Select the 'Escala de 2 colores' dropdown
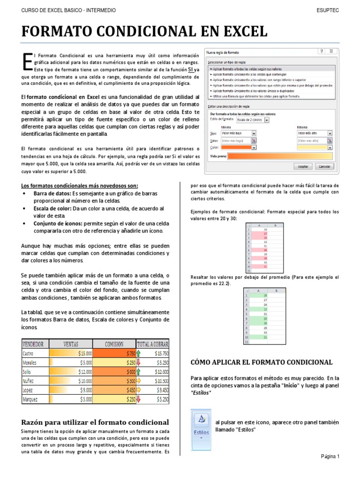(253, 120)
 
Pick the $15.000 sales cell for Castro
(72, 353)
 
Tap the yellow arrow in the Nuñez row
(139, 381)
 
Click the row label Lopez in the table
(29, 390)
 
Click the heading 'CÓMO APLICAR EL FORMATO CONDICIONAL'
(262, 362)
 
